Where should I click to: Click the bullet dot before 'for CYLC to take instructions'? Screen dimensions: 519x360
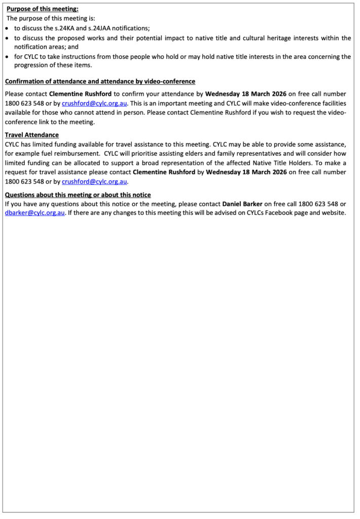[x=7, y=56]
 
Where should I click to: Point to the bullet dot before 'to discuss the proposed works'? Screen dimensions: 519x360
[x=7, y=38]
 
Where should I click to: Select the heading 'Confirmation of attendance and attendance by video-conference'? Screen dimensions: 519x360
[x=100, y=82]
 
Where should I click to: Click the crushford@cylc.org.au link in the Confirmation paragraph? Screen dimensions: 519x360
[x=94, y=103]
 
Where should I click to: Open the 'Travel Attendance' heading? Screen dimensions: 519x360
[x=31, y=135]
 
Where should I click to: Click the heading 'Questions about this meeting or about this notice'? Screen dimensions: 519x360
[x=78, y=195]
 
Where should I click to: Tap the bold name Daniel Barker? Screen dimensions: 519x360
[x=242, y=204]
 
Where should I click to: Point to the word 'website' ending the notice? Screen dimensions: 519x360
[x=333, y=213]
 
